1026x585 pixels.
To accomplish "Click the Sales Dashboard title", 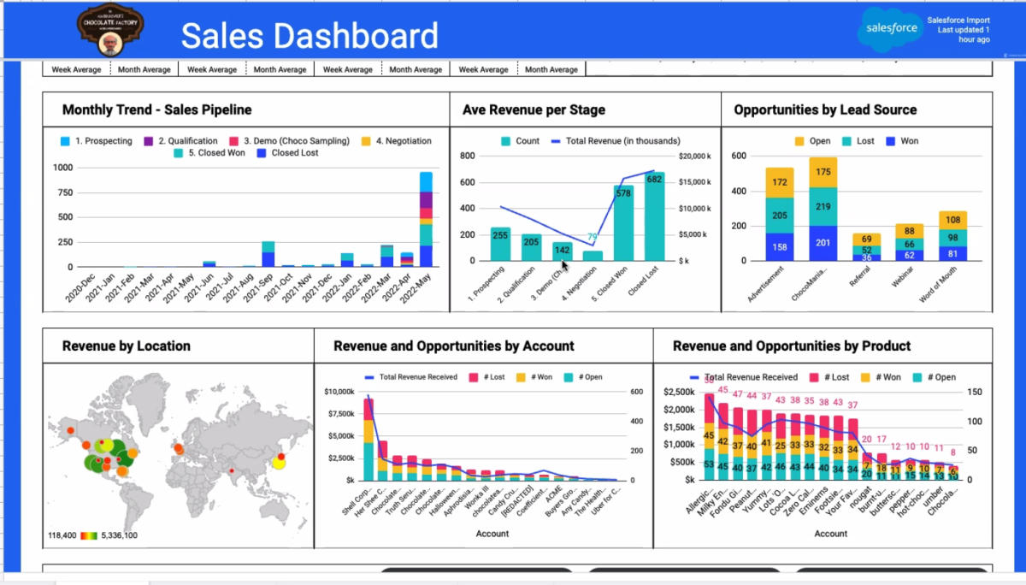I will [x=309, y=36].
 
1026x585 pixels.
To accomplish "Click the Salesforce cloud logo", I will [x=890, y=28].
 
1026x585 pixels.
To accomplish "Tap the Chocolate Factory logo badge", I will [x=110, y=28].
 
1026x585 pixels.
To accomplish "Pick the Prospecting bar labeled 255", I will [x=500, y=244].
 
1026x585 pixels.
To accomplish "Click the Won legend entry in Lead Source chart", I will [x=902, y=141].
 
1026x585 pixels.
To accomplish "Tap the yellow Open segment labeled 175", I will [x=823, y=171].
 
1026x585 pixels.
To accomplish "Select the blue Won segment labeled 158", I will [x=779, y=247].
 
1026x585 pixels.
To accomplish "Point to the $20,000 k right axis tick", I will [x=693, y=157].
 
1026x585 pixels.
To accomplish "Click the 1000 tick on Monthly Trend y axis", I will [x=62, y=168].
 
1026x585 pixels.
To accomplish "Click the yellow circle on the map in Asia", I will [x=278, y=463].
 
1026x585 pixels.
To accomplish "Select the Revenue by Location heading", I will [x=127, y=346].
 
